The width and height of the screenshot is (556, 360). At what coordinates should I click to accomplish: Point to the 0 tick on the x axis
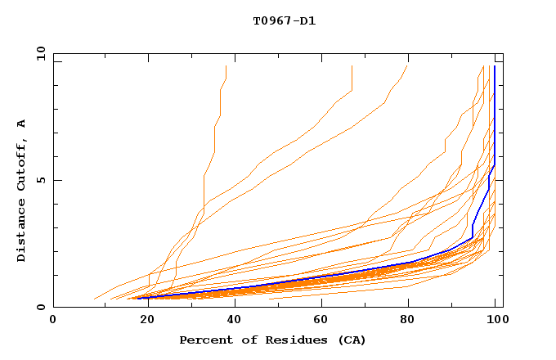[53, 318]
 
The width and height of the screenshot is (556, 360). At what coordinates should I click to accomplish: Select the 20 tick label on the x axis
[142, 318]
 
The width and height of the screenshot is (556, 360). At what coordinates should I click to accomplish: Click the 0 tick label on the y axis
[41, 308]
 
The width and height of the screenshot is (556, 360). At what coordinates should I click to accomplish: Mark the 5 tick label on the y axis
[41, 180]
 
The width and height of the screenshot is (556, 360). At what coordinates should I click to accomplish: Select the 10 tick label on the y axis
[38, 53]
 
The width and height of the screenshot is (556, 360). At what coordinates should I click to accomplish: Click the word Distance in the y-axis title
[21, 232]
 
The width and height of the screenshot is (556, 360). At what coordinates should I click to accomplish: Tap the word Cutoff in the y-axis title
[21, 164]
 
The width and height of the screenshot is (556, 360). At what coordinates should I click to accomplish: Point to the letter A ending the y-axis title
[21, 123]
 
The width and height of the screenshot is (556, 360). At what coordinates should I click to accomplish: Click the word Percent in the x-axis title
[204, 340]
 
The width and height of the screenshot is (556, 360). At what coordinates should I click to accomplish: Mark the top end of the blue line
[495, 66]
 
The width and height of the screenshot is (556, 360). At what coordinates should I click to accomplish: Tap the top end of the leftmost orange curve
[226, 66]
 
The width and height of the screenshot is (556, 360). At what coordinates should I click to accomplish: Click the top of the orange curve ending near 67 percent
[352, 66]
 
